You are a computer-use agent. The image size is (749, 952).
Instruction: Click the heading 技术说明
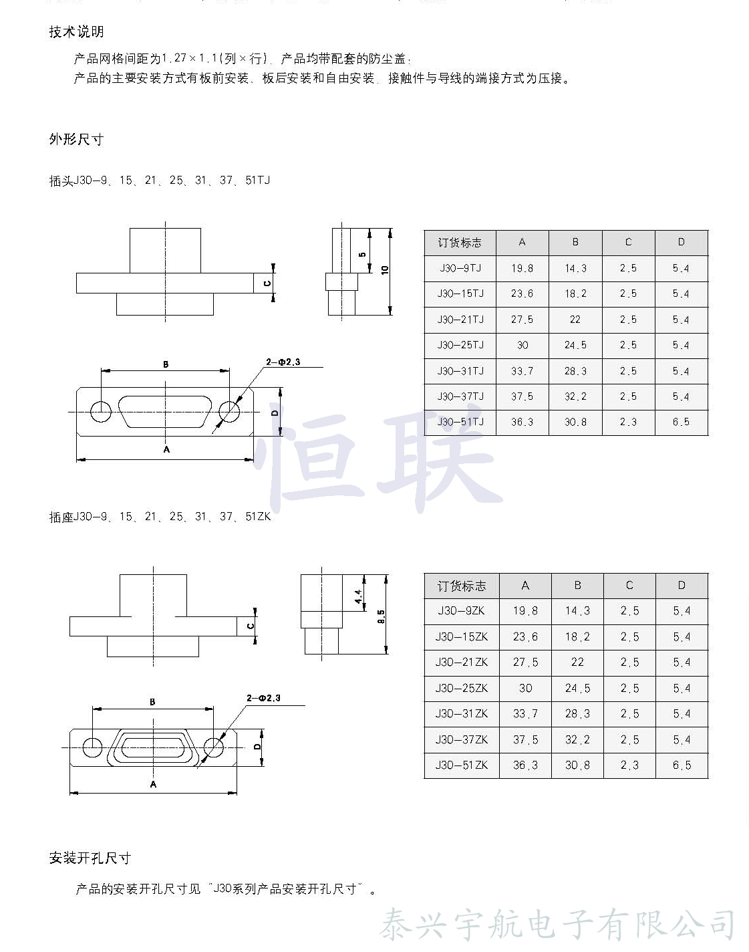[76, 32]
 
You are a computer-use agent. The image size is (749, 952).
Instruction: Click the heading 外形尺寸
[76, 140]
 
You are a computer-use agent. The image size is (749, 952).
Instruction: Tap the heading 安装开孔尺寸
[90, 858]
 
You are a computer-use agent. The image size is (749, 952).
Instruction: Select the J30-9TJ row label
[460, 268]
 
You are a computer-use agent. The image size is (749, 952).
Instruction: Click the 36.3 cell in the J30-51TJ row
[522, 423]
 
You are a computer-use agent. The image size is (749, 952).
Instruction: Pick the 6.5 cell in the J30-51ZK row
[682, 765]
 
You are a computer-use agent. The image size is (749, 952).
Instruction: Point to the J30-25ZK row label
[461, 688]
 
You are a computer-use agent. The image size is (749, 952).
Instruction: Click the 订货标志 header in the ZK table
[461, 586]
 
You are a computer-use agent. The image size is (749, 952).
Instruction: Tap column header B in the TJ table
[575, 243]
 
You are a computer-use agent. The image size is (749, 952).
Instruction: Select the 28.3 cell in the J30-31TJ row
[575, 371]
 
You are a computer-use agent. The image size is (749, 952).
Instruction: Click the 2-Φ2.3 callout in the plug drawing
[283, 362]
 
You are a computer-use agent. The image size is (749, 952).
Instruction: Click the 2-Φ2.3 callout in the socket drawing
[264, 699]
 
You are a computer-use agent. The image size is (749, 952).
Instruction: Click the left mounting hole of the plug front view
[101, 412]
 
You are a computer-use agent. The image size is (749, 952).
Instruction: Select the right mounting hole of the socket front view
[213, 747]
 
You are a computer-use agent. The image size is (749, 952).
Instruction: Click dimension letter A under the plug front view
[166, 450]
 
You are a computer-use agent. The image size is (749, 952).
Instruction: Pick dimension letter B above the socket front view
[152, 702]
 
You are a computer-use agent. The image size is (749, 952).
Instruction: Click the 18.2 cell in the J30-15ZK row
[577, 637]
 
